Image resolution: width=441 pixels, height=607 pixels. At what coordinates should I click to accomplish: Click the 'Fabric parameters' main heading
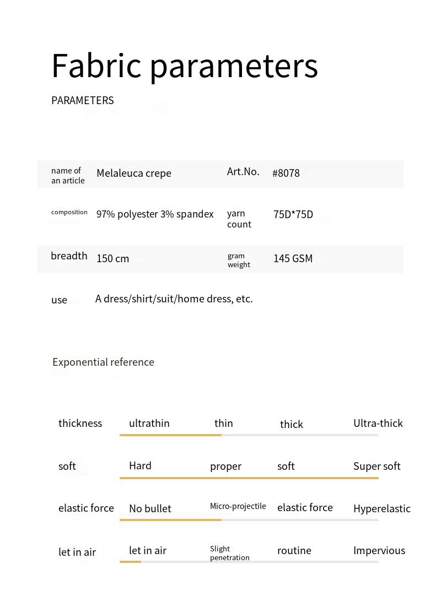point(184,66)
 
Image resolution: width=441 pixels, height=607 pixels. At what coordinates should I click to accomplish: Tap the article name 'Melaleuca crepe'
point(134,173)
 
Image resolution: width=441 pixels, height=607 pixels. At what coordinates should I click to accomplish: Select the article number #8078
point(286,173)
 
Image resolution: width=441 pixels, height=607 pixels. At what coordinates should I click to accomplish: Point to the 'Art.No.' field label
point(243,171)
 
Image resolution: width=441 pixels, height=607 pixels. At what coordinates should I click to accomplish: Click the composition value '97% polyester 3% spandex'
point(155,214)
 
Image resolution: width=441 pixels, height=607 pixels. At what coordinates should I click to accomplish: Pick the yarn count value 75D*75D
point(293,214)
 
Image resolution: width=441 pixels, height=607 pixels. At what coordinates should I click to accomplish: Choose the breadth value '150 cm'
point(113,258)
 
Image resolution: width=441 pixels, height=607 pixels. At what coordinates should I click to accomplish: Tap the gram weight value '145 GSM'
point(293,258)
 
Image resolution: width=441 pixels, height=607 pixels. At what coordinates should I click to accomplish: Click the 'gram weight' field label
point(239,260)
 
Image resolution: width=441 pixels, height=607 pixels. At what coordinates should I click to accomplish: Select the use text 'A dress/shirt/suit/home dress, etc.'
point(174,299)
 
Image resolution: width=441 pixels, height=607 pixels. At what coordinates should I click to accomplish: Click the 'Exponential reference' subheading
point(103,362)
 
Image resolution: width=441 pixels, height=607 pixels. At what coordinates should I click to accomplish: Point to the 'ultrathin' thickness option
point(149,423)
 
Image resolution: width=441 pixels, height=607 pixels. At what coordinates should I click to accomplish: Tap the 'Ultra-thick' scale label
point(378,423)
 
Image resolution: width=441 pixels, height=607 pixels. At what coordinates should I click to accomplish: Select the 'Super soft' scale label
point(377,466)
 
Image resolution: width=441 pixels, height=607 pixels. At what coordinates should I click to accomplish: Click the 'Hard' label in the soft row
point(140,465)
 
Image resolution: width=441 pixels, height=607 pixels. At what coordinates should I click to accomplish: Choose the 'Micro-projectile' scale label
point(238,506)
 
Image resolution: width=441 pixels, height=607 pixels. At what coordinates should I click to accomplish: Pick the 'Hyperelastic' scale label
point(382,508)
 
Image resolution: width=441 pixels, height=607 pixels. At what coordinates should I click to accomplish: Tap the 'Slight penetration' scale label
point(230,553)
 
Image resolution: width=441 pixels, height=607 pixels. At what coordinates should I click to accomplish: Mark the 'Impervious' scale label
point(379,550)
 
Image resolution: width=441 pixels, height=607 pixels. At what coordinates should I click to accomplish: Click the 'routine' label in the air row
point(294,550)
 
